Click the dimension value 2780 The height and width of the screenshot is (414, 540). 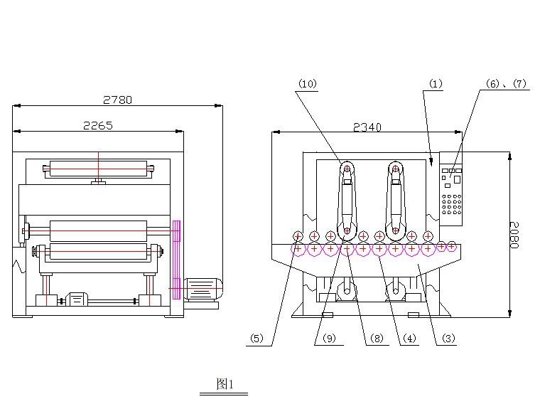(118, 100)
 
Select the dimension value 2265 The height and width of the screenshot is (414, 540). (97, 125)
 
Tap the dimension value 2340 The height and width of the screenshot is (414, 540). (367, 127)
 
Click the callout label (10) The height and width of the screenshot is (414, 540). (307, 84)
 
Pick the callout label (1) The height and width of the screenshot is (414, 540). (435, 84)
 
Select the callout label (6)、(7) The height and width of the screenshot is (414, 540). (506, 84)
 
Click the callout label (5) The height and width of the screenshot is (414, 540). (256, 339)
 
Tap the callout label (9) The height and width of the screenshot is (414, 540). (328, 339)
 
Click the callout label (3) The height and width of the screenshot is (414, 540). (448, 339)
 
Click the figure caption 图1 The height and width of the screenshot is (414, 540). (224, 384)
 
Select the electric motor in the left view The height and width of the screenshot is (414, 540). (203, 289)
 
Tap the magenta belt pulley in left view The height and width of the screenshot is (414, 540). (176, 259)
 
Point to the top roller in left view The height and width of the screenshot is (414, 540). (98, 169)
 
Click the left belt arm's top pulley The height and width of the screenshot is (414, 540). (347, 168)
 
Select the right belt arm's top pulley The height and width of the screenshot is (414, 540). (396, 168)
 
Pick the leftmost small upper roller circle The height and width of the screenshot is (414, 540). (298, 236)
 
